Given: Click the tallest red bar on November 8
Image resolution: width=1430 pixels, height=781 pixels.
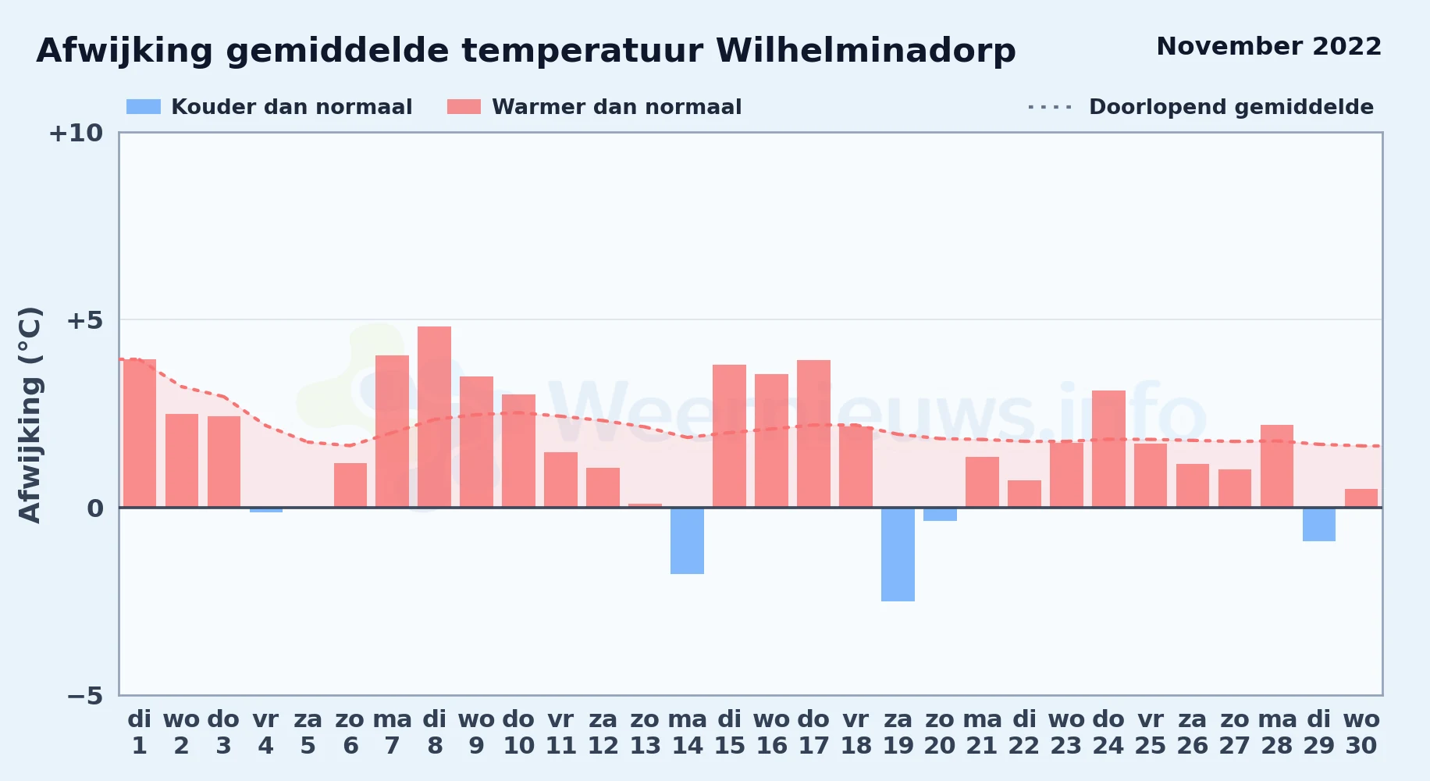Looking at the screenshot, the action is click(x=434, y=417).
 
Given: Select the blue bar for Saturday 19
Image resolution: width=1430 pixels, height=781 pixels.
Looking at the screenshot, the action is click(x=898, y=555).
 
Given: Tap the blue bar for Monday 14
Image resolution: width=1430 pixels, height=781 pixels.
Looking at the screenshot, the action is click(x=687, y=540).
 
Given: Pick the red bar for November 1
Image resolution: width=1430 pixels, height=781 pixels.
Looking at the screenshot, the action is click(x=140, y=433).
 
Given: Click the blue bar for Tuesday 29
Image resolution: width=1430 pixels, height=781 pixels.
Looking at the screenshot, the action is click(x=1319, y=524).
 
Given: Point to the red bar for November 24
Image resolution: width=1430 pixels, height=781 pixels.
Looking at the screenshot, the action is click(x=1108, y=449).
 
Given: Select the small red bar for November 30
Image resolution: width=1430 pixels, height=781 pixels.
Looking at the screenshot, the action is click(x=1361, y=498).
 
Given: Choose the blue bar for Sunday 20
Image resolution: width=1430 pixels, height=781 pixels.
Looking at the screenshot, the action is click(x=940, y=514).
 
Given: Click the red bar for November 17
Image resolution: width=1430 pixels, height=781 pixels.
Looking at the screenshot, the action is click(x=813, y=433).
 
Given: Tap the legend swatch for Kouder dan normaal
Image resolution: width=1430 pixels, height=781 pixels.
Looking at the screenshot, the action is click(x=144, y=107).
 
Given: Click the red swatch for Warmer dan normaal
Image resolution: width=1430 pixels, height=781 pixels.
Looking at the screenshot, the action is click(x=464, y=107).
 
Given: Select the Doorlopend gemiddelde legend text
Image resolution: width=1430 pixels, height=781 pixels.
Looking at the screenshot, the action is click(x=1231, y=107).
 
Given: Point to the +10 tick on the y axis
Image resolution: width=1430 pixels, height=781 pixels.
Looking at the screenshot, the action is click(x=76, y=133).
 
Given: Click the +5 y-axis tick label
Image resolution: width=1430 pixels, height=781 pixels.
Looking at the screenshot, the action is click(x=84, y=320).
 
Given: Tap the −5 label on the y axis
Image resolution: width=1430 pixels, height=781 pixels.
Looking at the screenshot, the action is click(x=84, y=695).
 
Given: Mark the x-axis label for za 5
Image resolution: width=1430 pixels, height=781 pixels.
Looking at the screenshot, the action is click(x=308, y=733).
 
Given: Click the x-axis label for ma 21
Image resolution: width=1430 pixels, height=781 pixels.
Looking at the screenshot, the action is click(x=982, y=733).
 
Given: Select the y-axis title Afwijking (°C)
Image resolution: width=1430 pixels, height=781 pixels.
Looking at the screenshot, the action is click(x=30, y=414).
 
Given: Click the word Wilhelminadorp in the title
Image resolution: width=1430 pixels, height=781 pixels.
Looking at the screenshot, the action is click(x=866, y=51).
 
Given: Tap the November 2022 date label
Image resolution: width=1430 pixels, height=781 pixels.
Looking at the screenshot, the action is click(x=1268, y=47).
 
